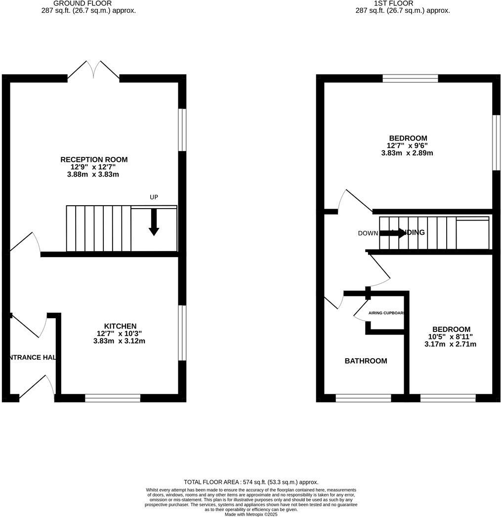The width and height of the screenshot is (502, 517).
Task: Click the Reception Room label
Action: pyautogui.click(x=94, y=159)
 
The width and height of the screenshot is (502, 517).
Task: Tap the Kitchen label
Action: pyautogui.click(x=120, y=326)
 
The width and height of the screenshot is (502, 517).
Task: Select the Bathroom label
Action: pyautogui.click(x=366, y=361)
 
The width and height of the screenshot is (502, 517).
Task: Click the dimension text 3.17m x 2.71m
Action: pyautogui.click(x=450, y=344)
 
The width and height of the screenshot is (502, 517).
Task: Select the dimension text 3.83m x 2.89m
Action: pyautogui.click(x=407, y=153)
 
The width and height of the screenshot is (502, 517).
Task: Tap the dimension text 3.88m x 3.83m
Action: pyautogui.click(x=94, y=174)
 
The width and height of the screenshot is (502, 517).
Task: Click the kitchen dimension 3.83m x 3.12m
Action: pyautogui.click(x=119, y=341)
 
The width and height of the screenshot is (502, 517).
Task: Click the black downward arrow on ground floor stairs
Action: pyautogui.click(x=154, y=222)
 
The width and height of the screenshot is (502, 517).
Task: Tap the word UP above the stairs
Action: pyautogui.click(x=154, y=197)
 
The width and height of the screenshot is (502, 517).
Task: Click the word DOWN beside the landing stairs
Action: pyautogui.click(x=368, y=233)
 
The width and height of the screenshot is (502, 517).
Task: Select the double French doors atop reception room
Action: pyautogui.click(x=93, y=71)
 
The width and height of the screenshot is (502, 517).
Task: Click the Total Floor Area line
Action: pyautogui.click(x=251, y=482)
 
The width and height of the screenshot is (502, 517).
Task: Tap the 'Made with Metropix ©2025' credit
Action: pyautogui.click(x=251, y=514)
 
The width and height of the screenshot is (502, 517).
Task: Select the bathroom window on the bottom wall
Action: pyautogui.click(x=363, y=398)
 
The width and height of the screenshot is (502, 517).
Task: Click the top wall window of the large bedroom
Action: pyautogui.click(x=410, y=78)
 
